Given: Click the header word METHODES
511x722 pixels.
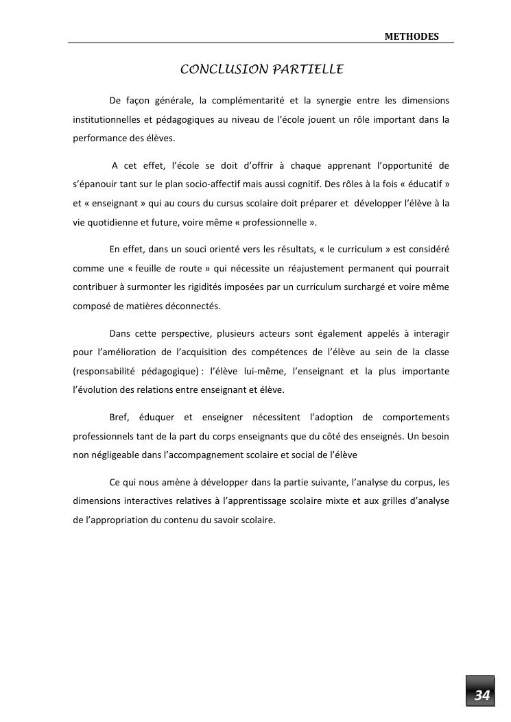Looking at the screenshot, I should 411,36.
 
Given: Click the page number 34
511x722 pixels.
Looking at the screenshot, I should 482,695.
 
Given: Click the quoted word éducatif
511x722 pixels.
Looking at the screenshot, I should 420,185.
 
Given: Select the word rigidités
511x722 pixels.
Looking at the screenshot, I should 224,287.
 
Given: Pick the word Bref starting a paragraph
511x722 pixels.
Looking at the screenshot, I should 119,417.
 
